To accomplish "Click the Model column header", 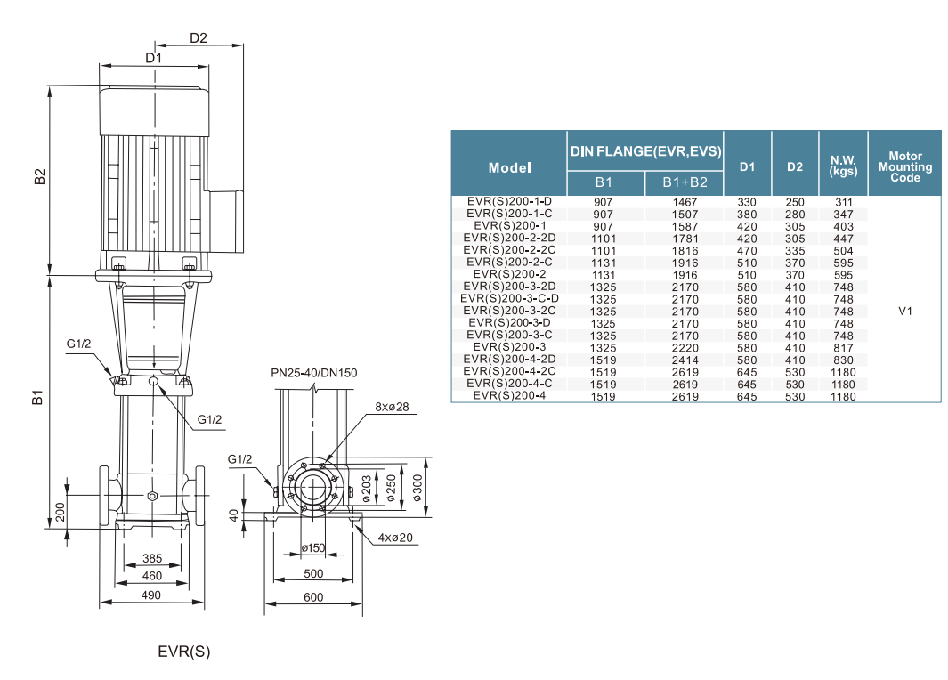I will tap(509, 167).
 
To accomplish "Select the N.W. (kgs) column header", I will tap(843, 166).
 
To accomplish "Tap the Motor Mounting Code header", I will tap(904, 166).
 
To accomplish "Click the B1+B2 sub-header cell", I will tap(685, 182).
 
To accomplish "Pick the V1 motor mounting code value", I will tap(905, 312).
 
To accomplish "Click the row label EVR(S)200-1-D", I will tap(509, 202).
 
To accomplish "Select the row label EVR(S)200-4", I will tap(509, 396).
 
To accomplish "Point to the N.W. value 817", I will tap(843, 348).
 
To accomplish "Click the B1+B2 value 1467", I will tap(685, 202).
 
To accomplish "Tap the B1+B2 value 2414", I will tap(685, 360).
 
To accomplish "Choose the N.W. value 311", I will tap(843, 202).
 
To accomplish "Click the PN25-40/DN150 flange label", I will tap(314, 372).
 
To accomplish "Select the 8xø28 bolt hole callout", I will tap(392, 407).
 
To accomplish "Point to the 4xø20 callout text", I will tap(395, 537).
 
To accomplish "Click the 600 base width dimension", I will tap(313, 598).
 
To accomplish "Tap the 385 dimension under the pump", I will tap(151, 559).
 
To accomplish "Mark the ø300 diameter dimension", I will tap(417, 488).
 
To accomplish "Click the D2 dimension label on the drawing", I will tap(199, 38).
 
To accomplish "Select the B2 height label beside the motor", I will tap(39, 176).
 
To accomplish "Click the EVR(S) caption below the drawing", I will tap(184, 652).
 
